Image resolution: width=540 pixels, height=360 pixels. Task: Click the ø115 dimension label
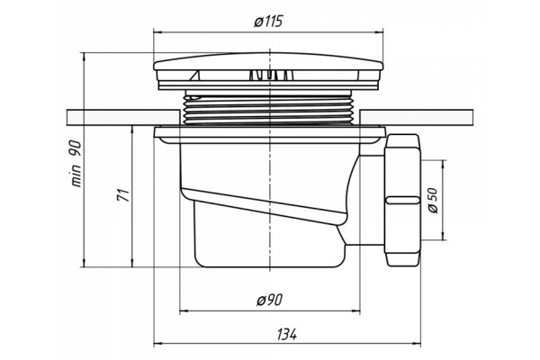[268, 22]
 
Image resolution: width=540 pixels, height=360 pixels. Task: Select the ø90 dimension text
[269, 301]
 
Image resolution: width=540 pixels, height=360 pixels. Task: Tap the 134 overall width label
[286, 334]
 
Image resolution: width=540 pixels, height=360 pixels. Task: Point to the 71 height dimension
[123, 195]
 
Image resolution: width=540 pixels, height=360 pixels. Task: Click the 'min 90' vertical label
[76, 164]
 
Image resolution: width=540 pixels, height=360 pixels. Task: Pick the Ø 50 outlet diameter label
[433, 200]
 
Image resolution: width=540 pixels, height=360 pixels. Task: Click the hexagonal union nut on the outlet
[402, 201]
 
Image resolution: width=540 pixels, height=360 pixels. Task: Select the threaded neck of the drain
[268, 110]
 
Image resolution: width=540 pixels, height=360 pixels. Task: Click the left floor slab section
[123, 118]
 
